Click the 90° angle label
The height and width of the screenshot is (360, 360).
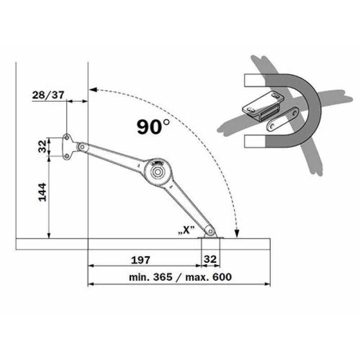(x=153, y=126)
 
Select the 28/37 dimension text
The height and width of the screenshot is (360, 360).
(x=48, y=95)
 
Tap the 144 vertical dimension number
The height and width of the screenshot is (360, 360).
(x=42, y=193)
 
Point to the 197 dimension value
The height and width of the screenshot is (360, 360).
(x=140, y=260)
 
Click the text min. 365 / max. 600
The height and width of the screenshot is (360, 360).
(x=180, y=277)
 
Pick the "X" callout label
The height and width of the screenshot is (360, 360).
(x=186, y=230)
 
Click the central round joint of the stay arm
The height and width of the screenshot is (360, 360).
(x=157, y=172)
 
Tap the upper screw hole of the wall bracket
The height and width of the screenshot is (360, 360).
(x=67, y=138)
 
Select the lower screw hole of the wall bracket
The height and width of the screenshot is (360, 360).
(x=67, y=156)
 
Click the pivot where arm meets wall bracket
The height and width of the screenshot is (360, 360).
(x=82, y=147)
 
